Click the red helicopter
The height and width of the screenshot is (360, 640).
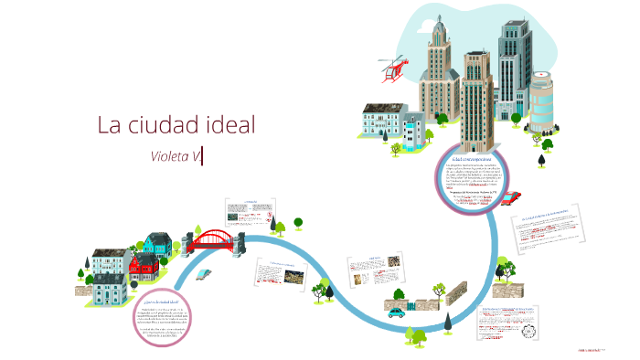(x=394, y=66)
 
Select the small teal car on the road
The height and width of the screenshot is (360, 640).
(x=397, y=312)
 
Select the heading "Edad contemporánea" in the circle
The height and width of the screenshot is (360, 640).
(x=472, y=158)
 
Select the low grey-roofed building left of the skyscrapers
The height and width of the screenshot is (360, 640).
(x=384, y=122)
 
